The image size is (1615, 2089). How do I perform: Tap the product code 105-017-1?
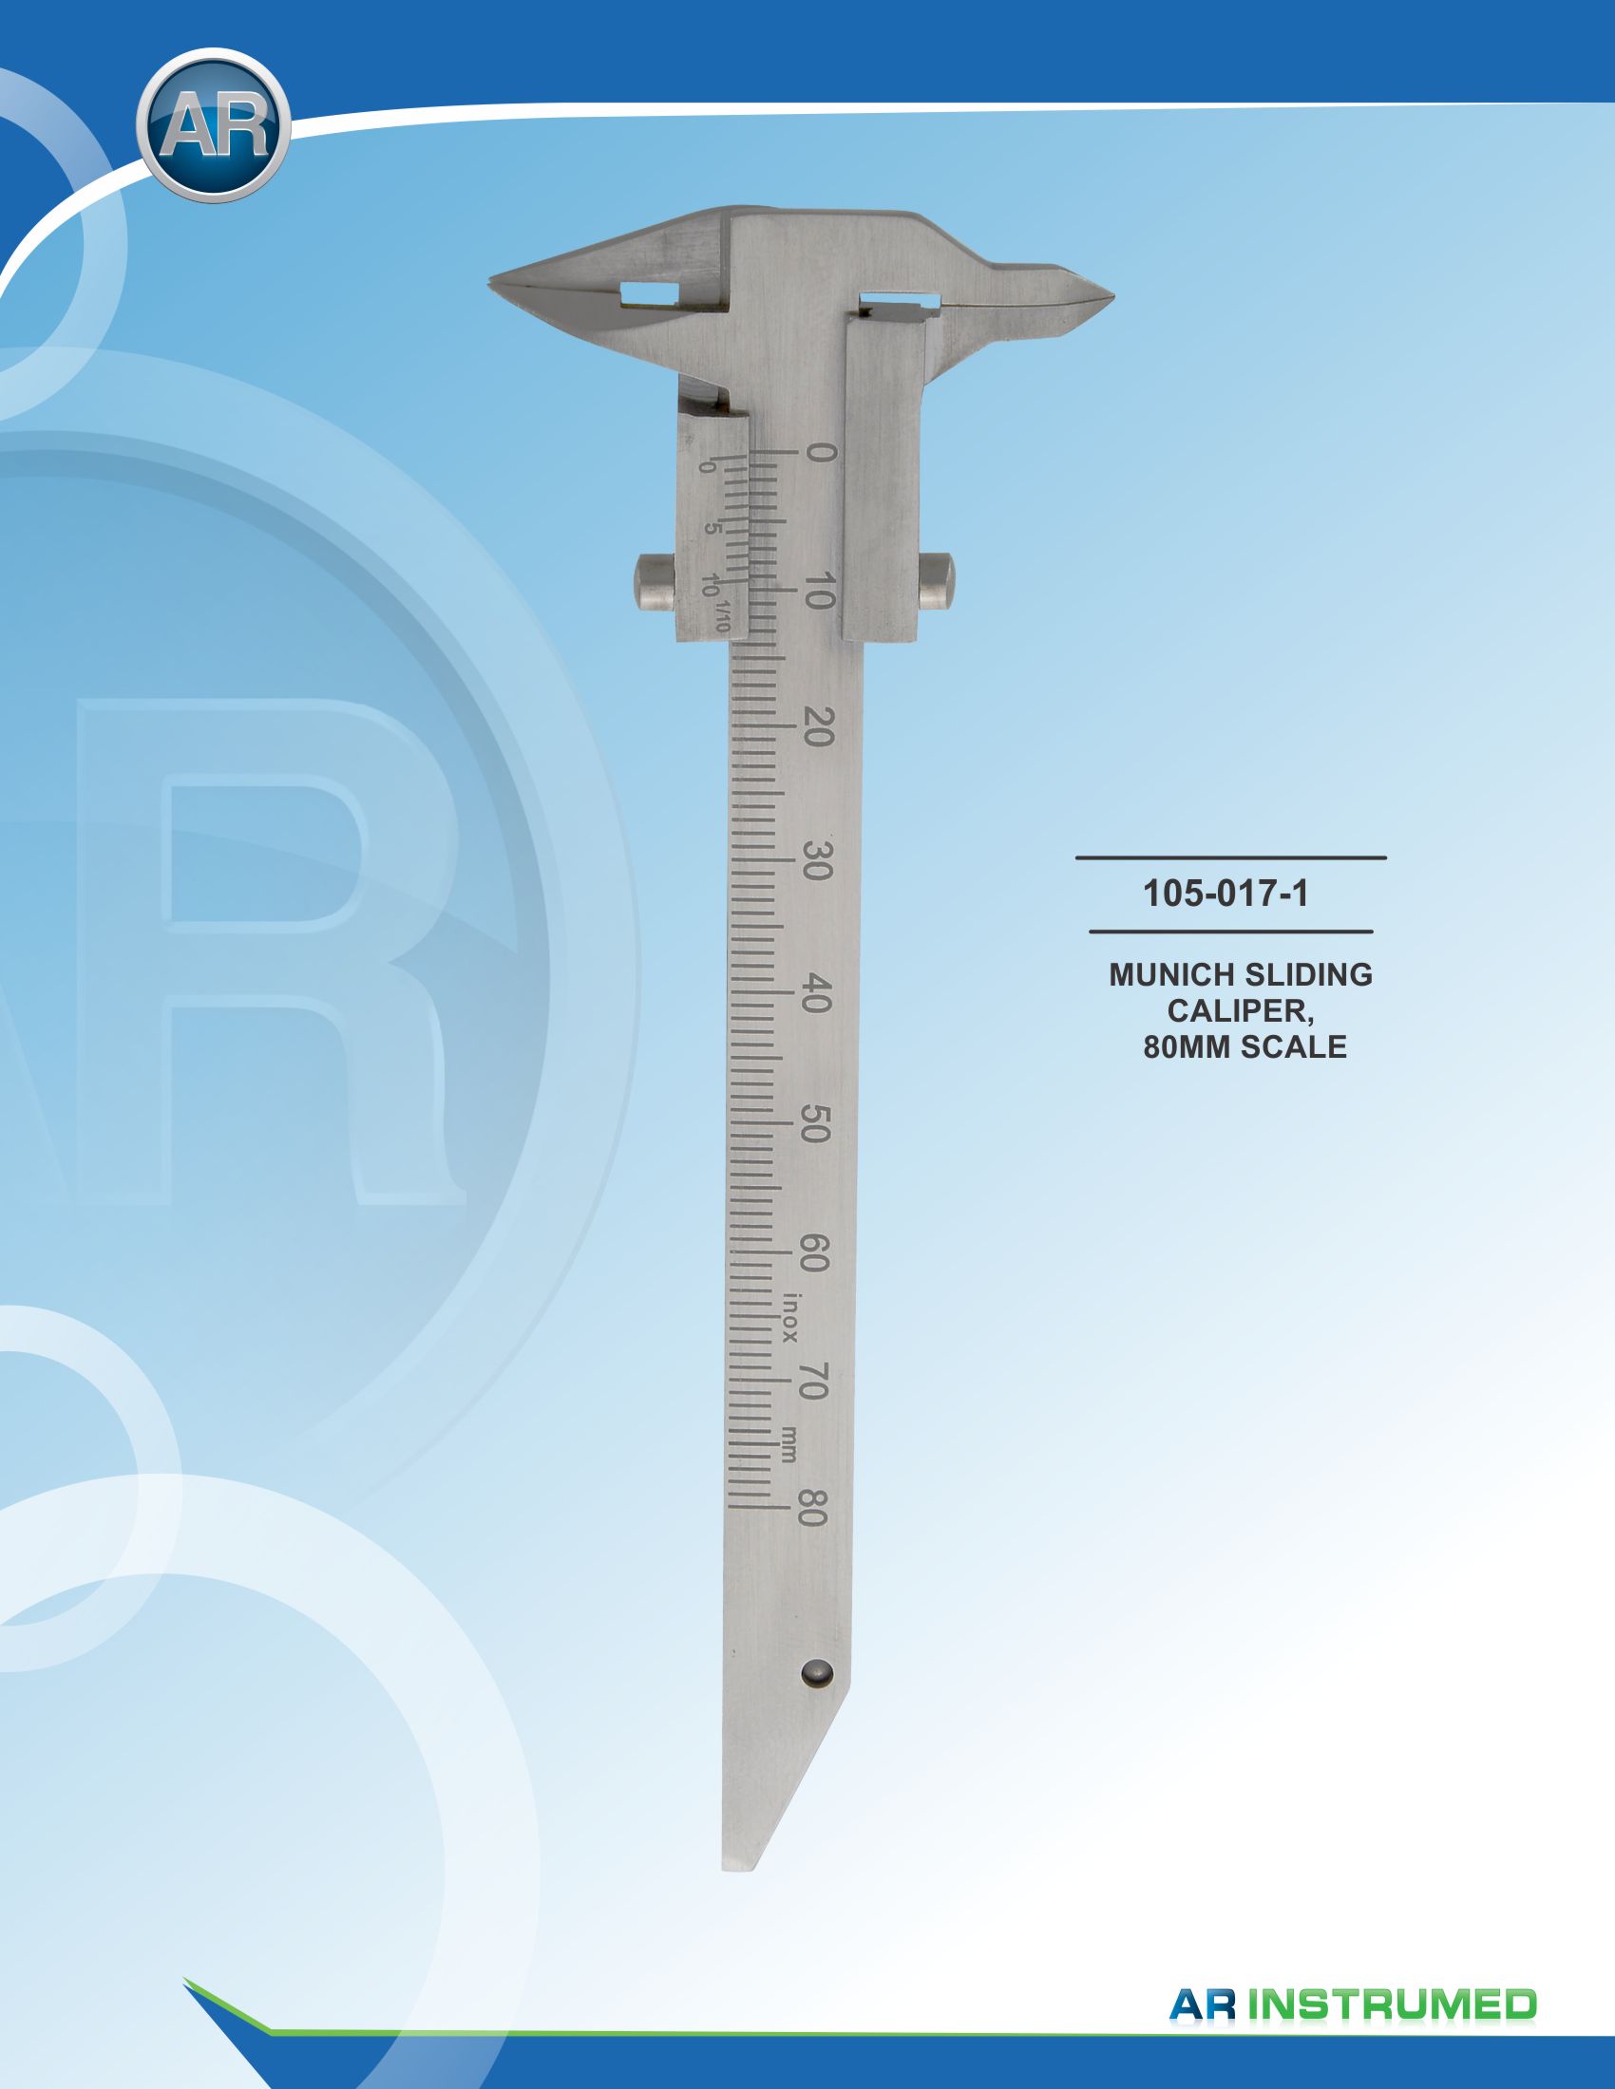tap(1225, 894)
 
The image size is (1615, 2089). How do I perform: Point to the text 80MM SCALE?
tap(1244, 1046)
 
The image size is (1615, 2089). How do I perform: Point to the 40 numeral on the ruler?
tap(819, 992)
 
